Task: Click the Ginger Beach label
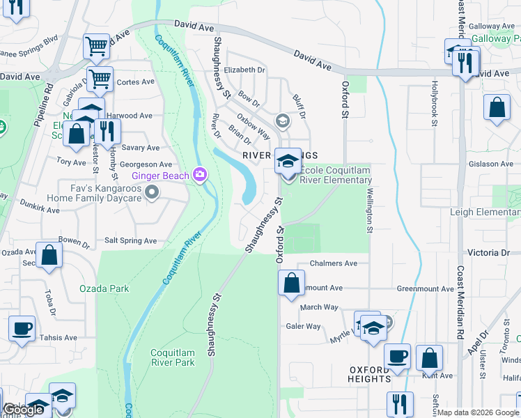point(160,176)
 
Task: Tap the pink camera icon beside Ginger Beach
point(200,175)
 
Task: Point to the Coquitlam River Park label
point(173,357)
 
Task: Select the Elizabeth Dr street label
point(244,70)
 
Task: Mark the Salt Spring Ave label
point(130,240)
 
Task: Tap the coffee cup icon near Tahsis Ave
point(22,328)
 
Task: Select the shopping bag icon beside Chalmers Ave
point(291,282)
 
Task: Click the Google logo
point(23,410)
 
